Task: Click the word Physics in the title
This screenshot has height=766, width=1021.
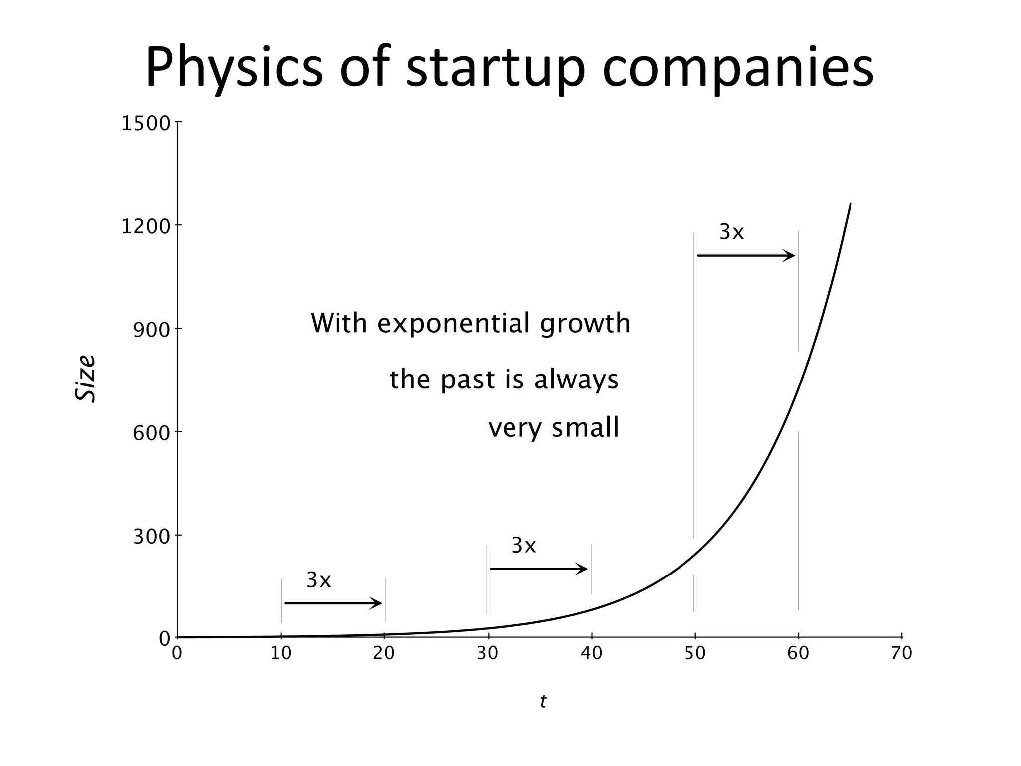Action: [x=233, y=67]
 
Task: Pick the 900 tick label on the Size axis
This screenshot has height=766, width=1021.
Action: [x=152, y=330]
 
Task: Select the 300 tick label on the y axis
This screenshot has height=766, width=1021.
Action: [x=152, y=537]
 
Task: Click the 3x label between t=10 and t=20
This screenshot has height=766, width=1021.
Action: [x=318, y=580]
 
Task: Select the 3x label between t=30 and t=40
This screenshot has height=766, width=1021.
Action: [x=523, y=546]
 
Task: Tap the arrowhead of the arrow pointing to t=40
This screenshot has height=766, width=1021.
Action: [x=583, y=569]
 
